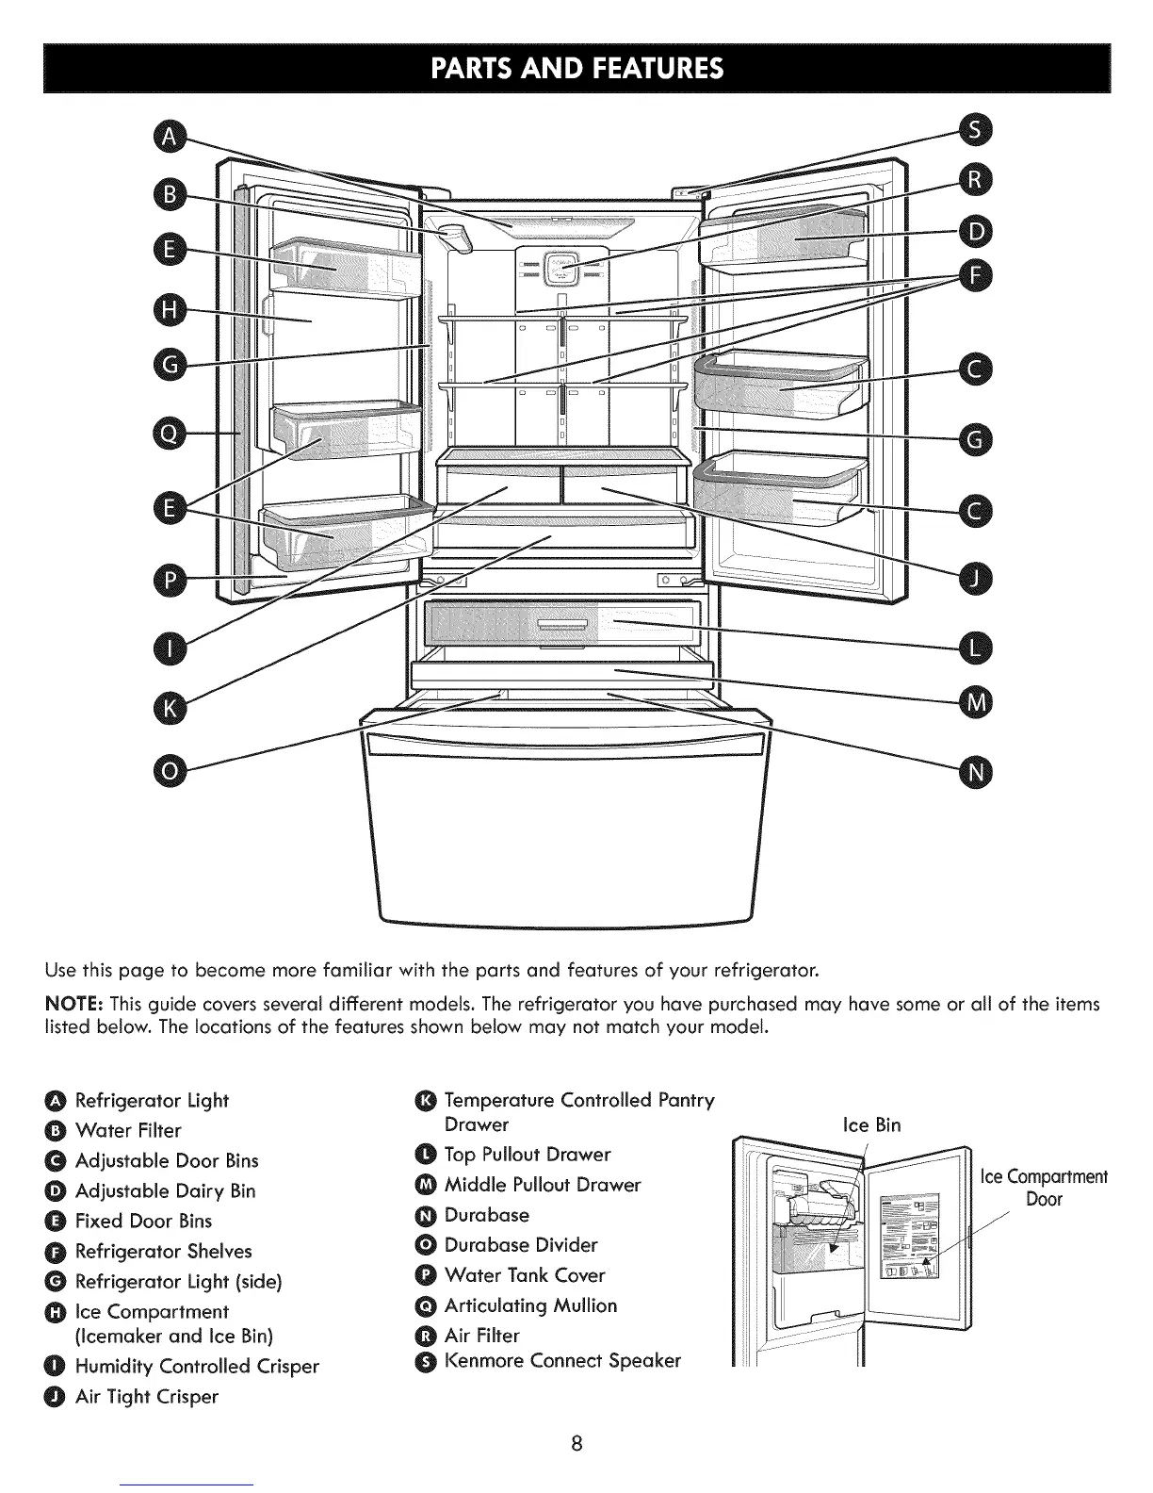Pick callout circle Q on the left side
(x=171, y=433)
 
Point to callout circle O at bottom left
(x=171, y=771)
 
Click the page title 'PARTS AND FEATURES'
(x=576, y=69)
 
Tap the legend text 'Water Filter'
(x=128, y=1130)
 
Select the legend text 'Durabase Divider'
(x=521, y=1245)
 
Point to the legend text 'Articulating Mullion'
(x=530, y=1305)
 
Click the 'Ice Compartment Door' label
(x=1044, y=1188)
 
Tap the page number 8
(x=577, y=1443)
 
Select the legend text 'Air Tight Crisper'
(x=147, y=1396)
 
